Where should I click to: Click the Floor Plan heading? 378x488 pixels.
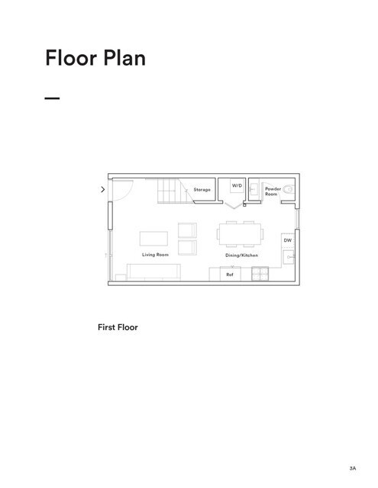[95, 58]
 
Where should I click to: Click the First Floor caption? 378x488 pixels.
[118, 328]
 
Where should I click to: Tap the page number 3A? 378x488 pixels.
[352, 467]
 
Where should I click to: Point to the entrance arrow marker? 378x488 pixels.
[102, 189]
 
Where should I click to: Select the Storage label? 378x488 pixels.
[202, 189]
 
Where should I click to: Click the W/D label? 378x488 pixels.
[237, 185]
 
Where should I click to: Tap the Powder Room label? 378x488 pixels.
[273, 191]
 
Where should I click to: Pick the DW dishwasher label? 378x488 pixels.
[288, 240]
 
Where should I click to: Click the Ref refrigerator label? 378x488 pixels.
[229, 274]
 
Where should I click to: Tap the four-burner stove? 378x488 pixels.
[261, 274]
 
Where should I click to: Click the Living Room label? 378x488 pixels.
[155, 255]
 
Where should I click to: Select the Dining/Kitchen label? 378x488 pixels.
[241, 255]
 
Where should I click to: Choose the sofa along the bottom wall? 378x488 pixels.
[153, 271]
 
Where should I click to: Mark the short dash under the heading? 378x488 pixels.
[52, 98]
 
